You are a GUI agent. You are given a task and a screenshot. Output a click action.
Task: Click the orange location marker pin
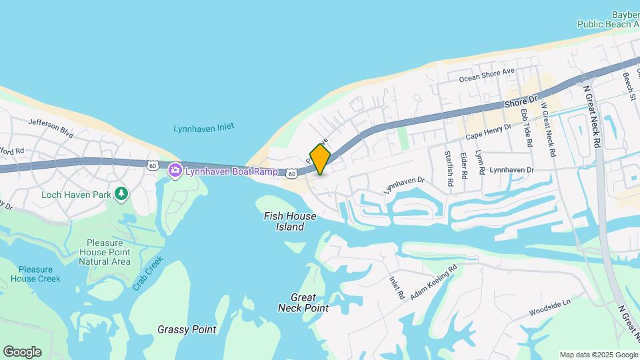pyautogui.click(x=320, y=159)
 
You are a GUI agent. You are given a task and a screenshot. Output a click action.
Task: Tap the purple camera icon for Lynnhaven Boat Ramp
pyautogui.click(x=175, y=171)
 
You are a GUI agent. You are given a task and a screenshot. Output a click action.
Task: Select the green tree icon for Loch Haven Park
pyautogui.click(x=121, y=194)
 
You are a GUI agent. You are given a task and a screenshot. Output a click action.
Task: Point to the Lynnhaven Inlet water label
pyautogui.click(x=203, y=127)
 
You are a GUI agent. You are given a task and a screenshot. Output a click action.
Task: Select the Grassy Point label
pyautogui.click(x=187, y=329)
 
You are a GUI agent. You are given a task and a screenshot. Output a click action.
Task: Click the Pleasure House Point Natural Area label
pyautogui.click(x=105, y=252)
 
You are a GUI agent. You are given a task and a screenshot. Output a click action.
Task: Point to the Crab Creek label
pyautogui.click(x=147, y=275)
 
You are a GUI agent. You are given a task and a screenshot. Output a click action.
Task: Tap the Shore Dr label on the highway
pyautogui.click(x=516, y=103)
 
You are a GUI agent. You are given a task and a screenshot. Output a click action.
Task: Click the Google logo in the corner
pyautogui.click(x=22, y=351)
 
